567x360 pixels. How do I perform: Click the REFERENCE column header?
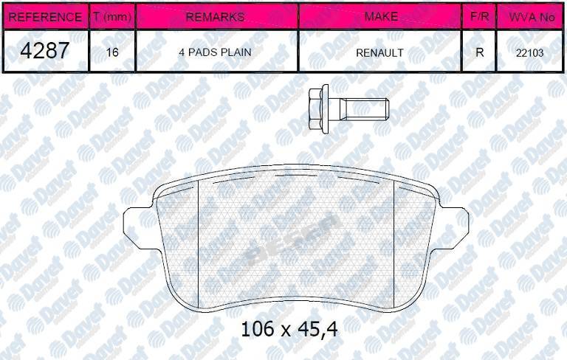tap(45, 16)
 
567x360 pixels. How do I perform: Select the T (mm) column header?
tap(112, 16)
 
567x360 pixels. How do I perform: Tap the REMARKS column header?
tap(216, 16)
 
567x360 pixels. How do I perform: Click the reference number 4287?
tap(45, 51)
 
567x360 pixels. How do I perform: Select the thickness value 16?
tap(112, 52)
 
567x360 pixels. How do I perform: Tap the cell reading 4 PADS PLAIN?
tap(216, 52)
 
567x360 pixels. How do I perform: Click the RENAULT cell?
tap(379, 52)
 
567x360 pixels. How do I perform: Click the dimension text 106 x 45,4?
tap(289, 328)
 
